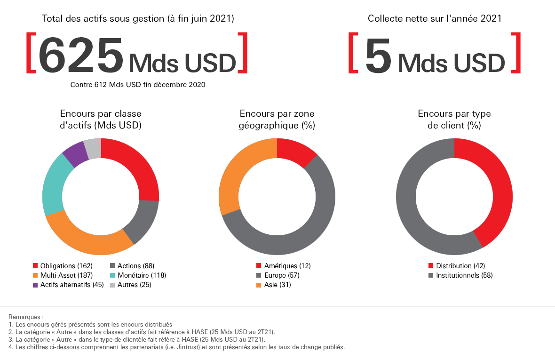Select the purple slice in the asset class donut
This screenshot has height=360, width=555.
[75, 153]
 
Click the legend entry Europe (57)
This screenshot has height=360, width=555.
[281, 275]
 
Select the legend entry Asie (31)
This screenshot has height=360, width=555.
[277, 285]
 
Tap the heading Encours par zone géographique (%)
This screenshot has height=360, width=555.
[277, 120]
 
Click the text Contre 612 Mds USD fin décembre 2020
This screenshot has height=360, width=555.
[138, 85]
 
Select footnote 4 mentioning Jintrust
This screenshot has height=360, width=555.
[176, 347]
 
